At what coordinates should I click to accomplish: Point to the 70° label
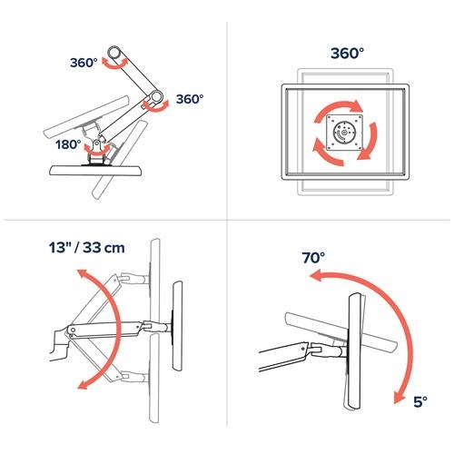(312, 258)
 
